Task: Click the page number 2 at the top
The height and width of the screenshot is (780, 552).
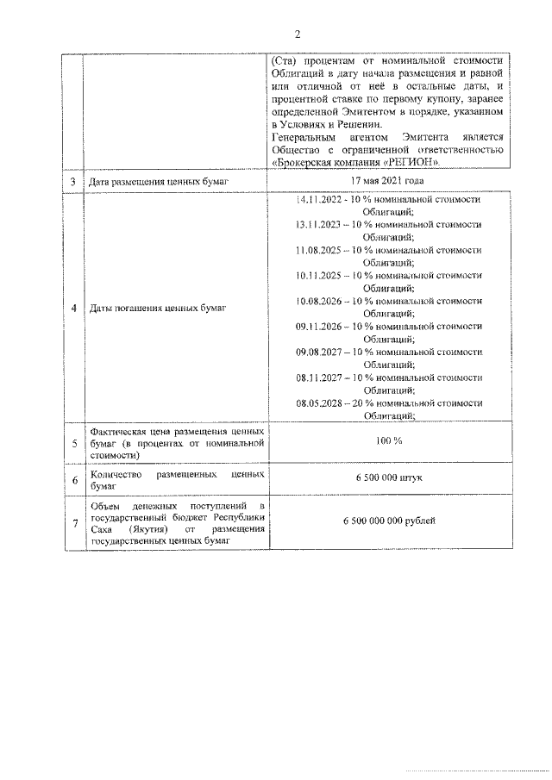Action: [298, 34]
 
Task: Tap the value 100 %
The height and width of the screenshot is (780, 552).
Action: [387, 441]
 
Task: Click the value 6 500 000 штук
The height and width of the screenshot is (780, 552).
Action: [387, 478]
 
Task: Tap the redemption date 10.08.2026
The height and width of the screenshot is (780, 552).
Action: [318, 301]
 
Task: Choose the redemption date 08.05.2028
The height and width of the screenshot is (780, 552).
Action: [318, 402]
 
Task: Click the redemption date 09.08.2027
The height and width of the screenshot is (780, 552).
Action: [318, 352]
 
